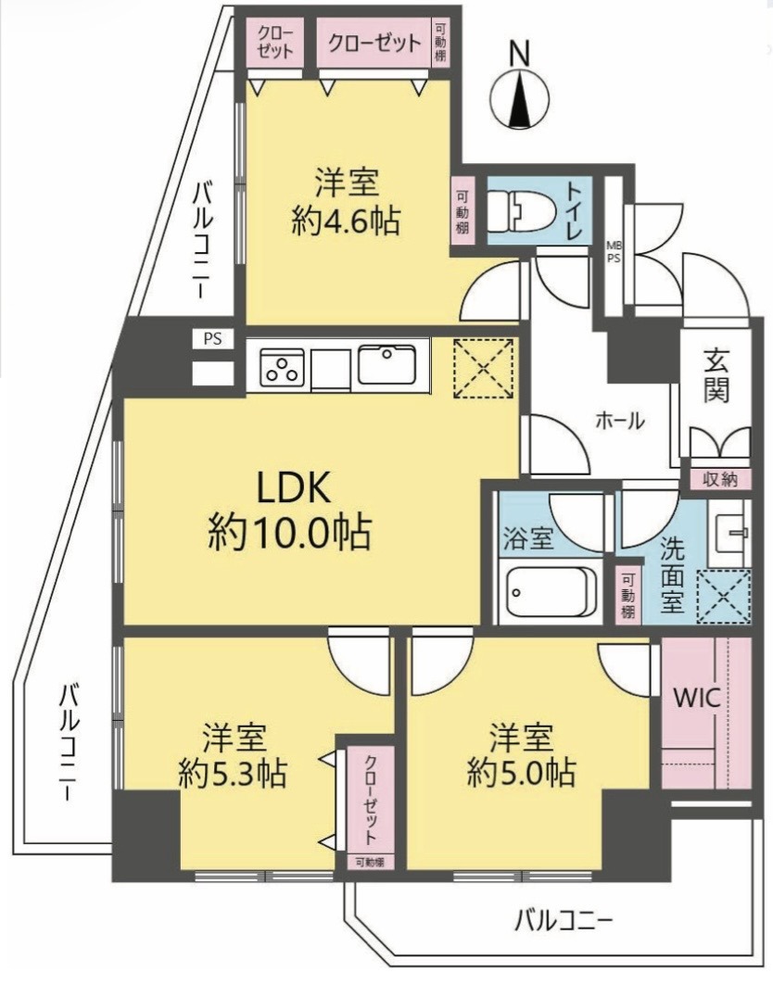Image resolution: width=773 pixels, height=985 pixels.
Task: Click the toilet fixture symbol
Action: click(520, 211)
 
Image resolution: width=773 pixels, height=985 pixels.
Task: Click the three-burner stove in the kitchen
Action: click(282, 368)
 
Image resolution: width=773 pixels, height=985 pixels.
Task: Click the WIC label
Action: click(697, 698)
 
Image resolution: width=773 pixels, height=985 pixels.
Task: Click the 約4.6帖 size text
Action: click(347, 221)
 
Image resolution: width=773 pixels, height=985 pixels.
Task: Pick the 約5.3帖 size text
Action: click(233, 774)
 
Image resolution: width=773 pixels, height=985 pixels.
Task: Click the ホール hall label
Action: click(620, 421)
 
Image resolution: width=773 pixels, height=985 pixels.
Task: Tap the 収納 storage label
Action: click(720, 480)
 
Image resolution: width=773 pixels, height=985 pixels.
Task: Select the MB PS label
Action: click(614, 251)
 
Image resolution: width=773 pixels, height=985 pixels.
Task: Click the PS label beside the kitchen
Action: click(212, 338)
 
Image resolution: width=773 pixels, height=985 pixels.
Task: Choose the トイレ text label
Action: click(574, 211)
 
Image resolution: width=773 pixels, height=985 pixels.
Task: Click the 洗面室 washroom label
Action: click(671, 575)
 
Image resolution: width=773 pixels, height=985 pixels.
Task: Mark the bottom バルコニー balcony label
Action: click(564, 922)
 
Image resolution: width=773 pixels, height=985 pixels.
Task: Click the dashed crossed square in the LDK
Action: click(483, 368)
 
